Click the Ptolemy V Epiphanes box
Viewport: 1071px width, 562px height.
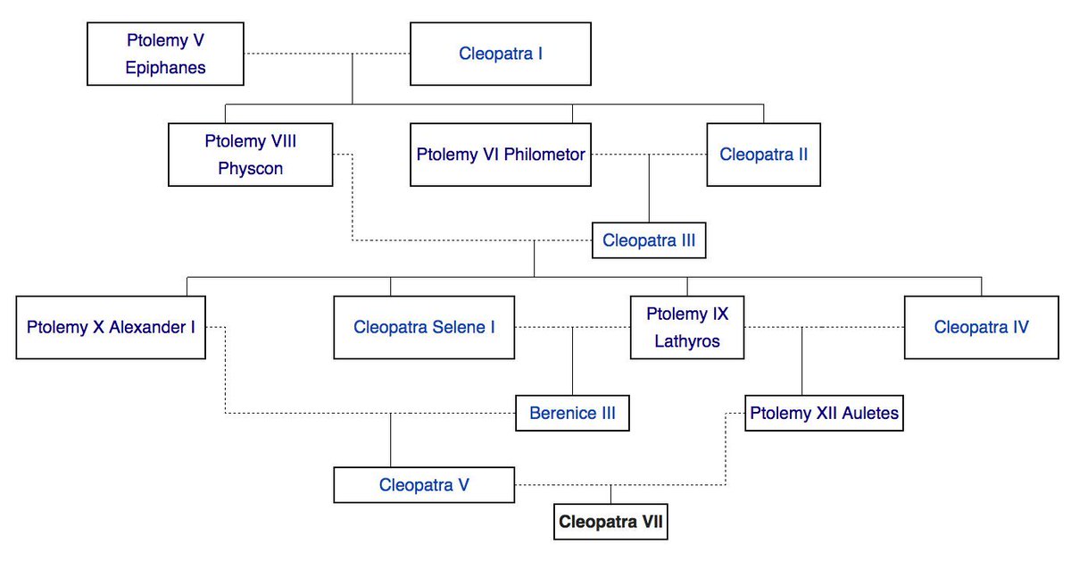165,54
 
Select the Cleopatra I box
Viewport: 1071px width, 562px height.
500,54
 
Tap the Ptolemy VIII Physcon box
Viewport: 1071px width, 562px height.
250,155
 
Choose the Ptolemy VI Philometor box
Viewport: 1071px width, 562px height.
500,155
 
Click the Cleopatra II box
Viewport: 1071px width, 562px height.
763,155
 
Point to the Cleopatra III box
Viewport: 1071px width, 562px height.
648,240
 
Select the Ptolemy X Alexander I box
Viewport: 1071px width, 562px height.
111,327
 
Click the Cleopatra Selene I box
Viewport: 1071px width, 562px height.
424,327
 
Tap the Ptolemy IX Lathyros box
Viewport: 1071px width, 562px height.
686,327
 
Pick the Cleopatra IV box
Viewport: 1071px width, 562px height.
981,327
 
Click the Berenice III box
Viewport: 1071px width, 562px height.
572,414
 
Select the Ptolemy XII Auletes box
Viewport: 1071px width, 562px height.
824,414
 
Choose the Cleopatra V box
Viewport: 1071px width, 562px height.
424,485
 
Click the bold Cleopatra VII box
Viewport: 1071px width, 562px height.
610,521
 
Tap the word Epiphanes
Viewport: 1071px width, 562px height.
165,68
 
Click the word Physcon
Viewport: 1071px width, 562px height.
250,169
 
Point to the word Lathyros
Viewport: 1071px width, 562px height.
686,341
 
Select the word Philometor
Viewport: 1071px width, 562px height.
545,155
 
